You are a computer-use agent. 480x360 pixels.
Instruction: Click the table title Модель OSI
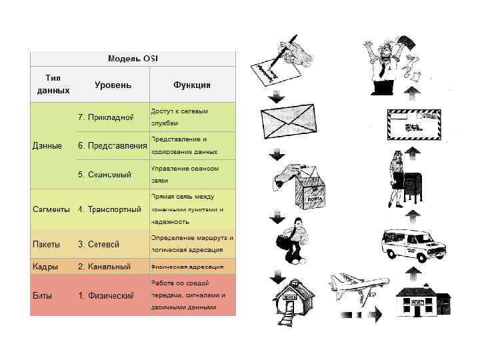[133, 59]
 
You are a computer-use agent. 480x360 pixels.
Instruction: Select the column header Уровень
[113, 85]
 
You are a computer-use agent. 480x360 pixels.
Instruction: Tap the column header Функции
[192, 85]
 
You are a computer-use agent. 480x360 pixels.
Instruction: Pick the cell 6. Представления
[112, 145]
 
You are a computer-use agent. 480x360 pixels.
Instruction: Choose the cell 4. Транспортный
[109, 209]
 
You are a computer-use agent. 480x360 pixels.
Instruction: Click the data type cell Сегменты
[51, 209]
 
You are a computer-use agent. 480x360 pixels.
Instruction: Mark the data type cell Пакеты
[47, 244]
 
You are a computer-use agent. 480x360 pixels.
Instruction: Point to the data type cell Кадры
[45, 267]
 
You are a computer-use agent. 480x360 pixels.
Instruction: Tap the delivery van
[414, 244]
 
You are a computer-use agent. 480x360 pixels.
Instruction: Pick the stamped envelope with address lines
[413, 125]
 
